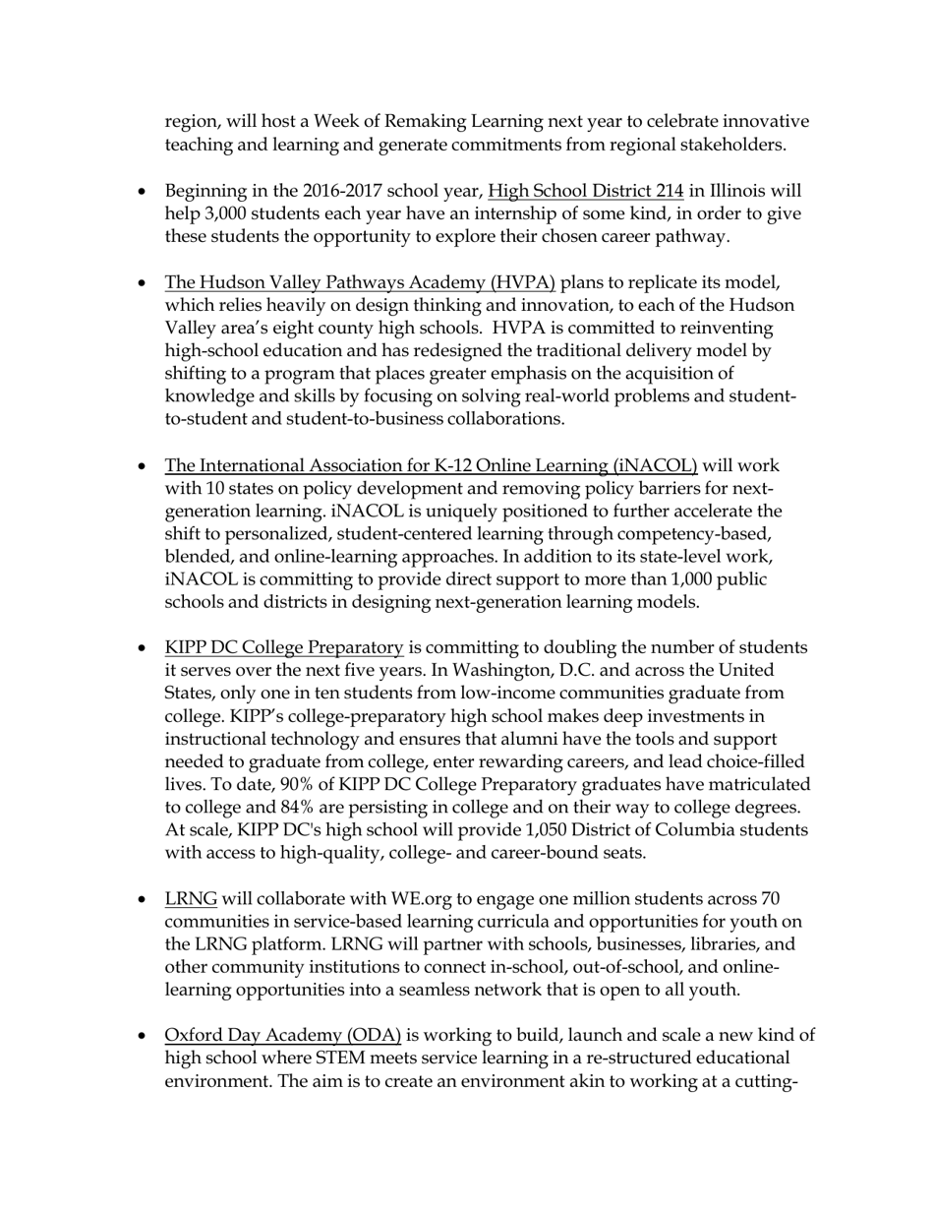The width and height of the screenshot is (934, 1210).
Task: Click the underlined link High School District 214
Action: coord(585,191)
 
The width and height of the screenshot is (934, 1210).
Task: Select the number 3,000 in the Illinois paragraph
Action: coord(223,213)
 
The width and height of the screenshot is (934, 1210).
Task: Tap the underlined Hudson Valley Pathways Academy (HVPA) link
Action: coord(360,282)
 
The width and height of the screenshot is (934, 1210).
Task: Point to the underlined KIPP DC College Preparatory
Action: coord(284,647)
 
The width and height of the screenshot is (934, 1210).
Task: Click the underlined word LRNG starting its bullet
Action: coord(191,899)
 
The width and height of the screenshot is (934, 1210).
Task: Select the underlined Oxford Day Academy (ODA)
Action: coord(283,1035)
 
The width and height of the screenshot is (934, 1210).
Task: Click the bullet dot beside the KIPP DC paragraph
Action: coord(144,648)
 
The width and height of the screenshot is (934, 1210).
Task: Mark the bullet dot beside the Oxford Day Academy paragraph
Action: coord(144,1036)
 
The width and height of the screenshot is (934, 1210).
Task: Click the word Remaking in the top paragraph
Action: coord(390,122)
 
